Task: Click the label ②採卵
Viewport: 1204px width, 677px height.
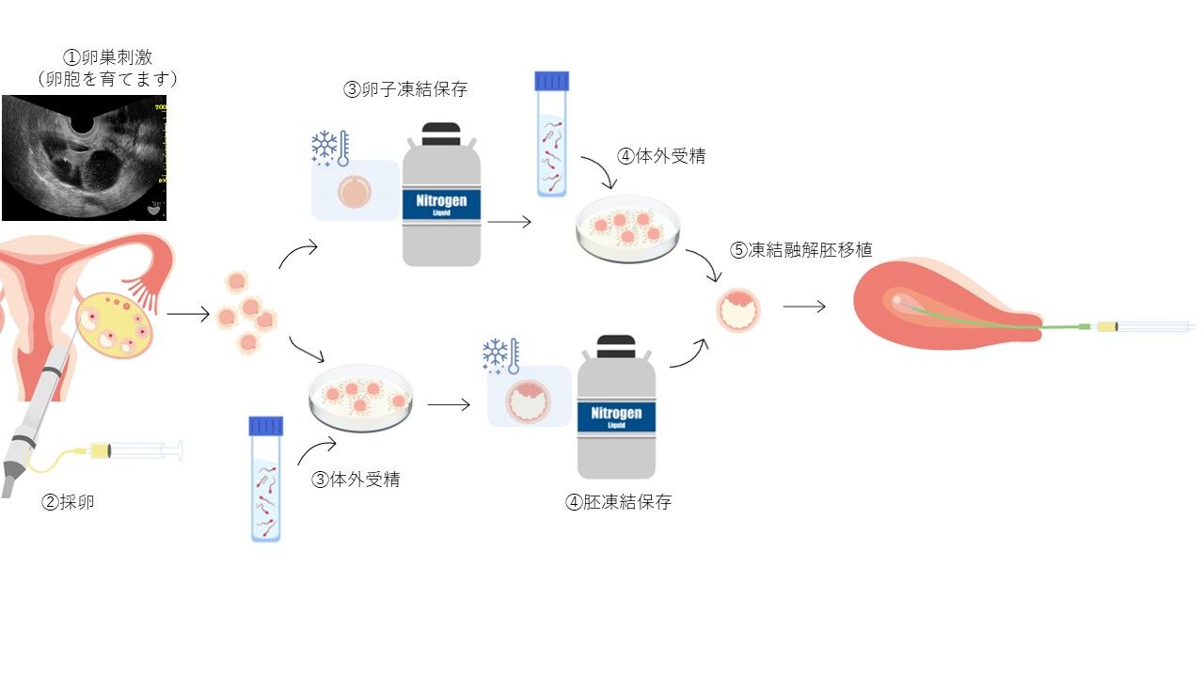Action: (x=68, y=502)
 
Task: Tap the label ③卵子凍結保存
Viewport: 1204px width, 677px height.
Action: (x=404, y=90)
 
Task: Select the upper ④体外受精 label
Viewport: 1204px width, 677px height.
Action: (x=660, y=156)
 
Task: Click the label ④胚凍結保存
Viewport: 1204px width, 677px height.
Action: (x=618, y=502)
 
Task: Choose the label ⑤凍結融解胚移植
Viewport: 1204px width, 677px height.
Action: (x=801, y=250)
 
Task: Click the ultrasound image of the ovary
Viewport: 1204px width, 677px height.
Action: (x=84, y=158)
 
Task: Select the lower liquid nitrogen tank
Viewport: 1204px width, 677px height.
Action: (x=616, y=408)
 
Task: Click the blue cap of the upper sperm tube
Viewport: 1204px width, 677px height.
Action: (x=552, y=81)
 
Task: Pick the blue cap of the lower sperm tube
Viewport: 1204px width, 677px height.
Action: (x=265, y=426)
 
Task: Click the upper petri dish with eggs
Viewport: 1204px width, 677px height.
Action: (x=627, y=228)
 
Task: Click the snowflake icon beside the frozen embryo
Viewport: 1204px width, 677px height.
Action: (x=496, y=354)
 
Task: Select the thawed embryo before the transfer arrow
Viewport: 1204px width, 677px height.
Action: (x=738, y=310)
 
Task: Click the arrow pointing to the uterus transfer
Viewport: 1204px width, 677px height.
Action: (x=804, y=307)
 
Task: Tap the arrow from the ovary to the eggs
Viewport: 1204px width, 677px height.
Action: (x=188, y=315)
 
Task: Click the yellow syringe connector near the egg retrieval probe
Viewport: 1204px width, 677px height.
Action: (x=100, y=450)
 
